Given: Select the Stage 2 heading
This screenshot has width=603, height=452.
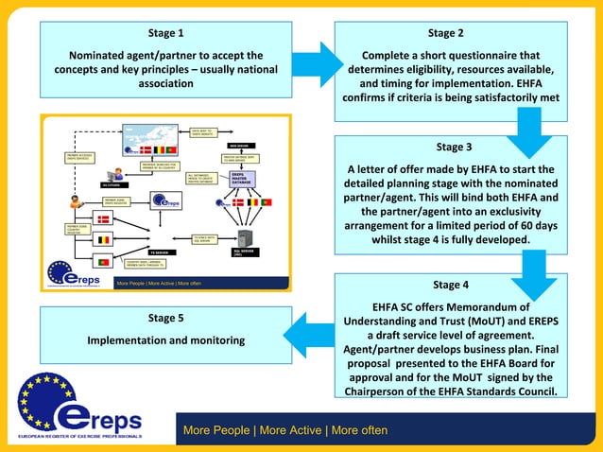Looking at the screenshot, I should click(445, 34).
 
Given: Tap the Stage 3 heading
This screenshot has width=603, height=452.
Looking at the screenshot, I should click(452, 147).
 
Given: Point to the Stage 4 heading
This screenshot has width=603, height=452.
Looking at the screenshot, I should click(451, 284).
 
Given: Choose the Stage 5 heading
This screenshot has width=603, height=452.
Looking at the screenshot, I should click(166, 318).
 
